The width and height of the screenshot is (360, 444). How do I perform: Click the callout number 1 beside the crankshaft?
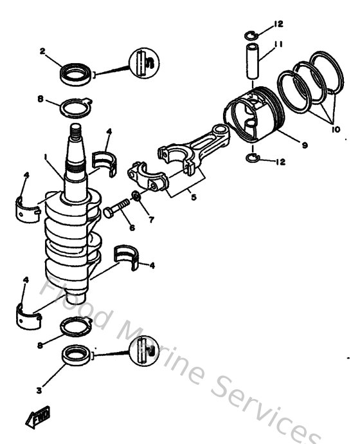click(x=46, y=156)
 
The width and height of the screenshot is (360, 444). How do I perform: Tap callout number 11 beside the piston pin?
click(x=278, y=44)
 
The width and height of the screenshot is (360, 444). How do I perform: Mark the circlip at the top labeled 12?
click(x=252, y=33)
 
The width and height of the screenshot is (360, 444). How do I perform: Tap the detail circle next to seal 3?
click(x=143, y=352)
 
